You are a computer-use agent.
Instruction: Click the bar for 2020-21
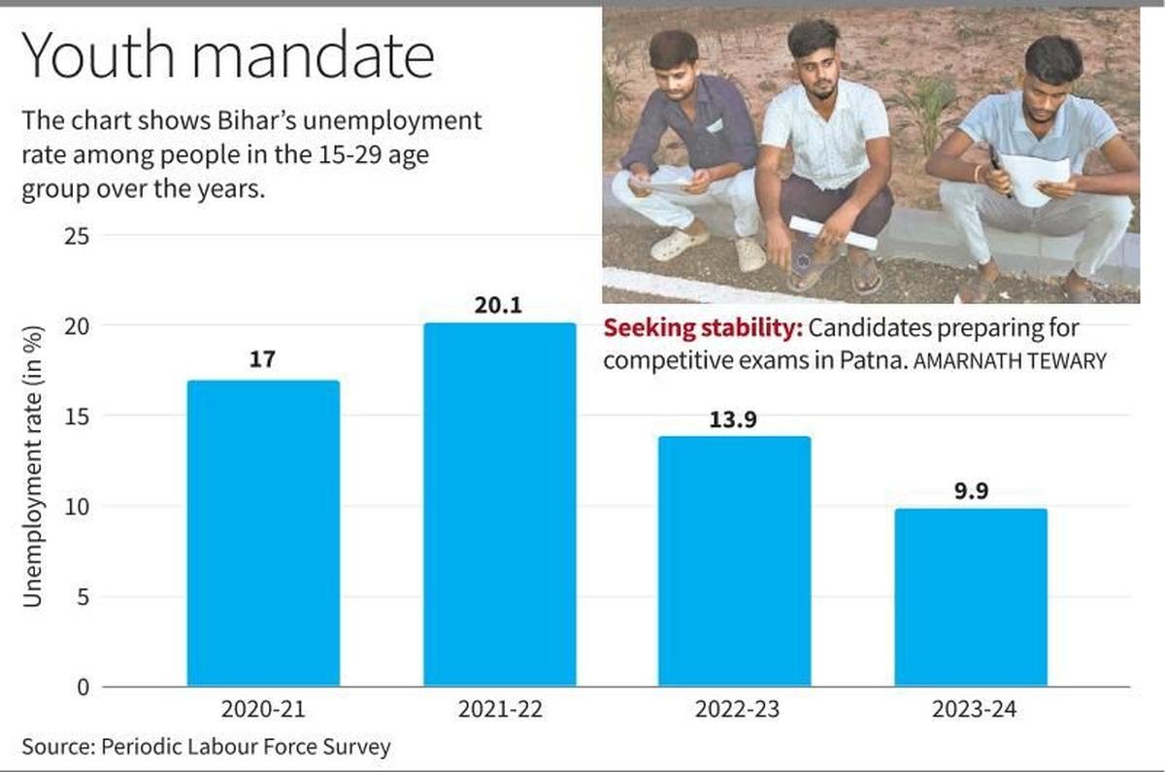click(x=263, y=533)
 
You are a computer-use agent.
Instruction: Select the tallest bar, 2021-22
click(x=499, y=505)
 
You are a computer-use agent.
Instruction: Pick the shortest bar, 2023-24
click(x=971, y=597)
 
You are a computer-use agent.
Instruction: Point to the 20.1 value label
click(x=499, y=305)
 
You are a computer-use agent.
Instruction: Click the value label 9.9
click(x=971, y=490)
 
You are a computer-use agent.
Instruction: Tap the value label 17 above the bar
click(x=263, y=360)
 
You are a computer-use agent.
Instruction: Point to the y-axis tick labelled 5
click(x=82, y=597)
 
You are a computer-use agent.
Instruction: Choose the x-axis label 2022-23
click(x=735, y=710)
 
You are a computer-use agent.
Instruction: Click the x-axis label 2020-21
click(x=263, y=710)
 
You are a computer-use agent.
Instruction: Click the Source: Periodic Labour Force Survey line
click(x=206, y=747)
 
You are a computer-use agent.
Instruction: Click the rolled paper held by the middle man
click(x=833, y=232)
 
